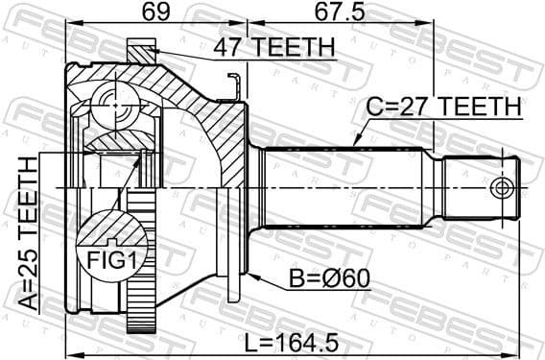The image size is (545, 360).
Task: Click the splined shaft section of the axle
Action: point(345,186)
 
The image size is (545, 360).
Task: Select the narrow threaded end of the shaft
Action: point(485,186)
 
